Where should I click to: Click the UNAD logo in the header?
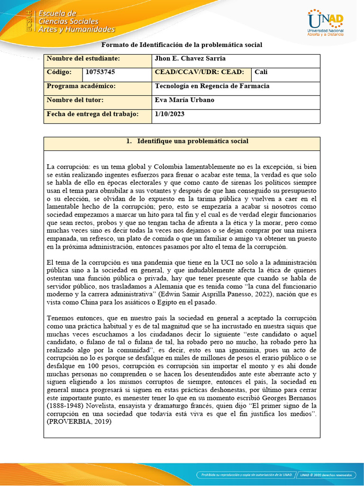tap(325, 22)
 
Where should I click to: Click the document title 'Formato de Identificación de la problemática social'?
tap(182, 45)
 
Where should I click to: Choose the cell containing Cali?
tap(261, 72)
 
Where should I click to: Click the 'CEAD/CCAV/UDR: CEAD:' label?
tap(200, 72)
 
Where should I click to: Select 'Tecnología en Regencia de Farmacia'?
tap(212, 86)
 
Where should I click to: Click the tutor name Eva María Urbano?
tap(184, 100)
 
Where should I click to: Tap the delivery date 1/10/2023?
tap(170, 114)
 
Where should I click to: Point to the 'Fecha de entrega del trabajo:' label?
tap(92, 114)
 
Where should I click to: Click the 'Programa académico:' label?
tap(81, 86)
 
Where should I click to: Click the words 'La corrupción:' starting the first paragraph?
tap(66, 167)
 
